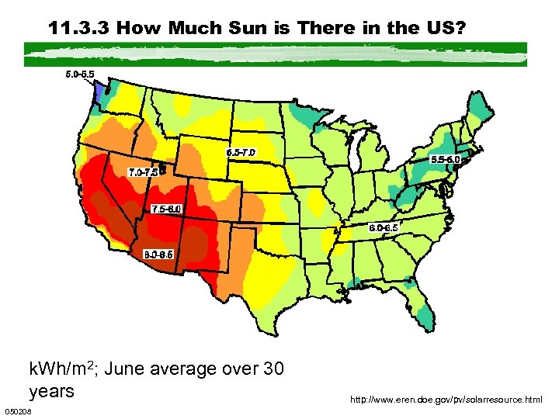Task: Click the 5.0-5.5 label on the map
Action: pos(82,75)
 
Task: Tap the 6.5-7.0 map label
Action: pos(241,152)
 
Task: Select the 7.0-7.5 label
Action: pos(144,171)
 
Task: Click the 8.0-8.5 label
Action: pos(159,254)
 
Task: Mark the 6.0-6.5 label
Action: pos(384,227)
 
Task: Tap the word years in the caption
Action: pos(51,391)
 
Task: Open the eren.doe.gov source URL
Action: pos(446,400)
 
